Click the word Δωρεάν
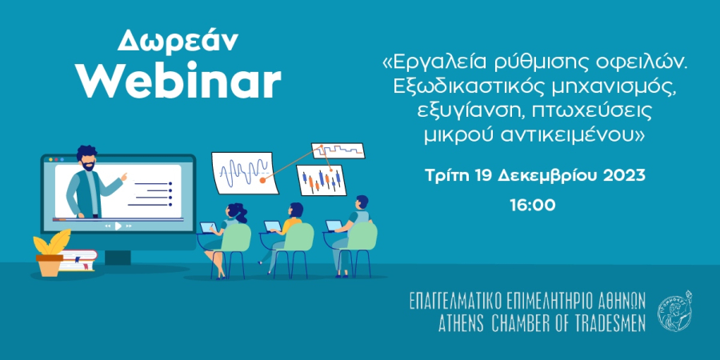tap(178, 42)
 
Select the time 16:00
tap(533, 206)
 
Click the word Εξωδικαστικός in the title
tap(470, 88)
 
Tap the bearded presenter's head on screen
tap(86, 158)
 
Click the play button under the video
tap(118, 226)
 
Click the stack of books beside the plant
tap(78, 260)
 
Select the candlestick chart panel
tap(322, 180)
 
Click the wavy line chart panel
tap(246, 173)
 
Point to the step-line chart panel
tap(338, 150)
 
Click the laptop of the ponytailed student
tap(208, 227)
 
